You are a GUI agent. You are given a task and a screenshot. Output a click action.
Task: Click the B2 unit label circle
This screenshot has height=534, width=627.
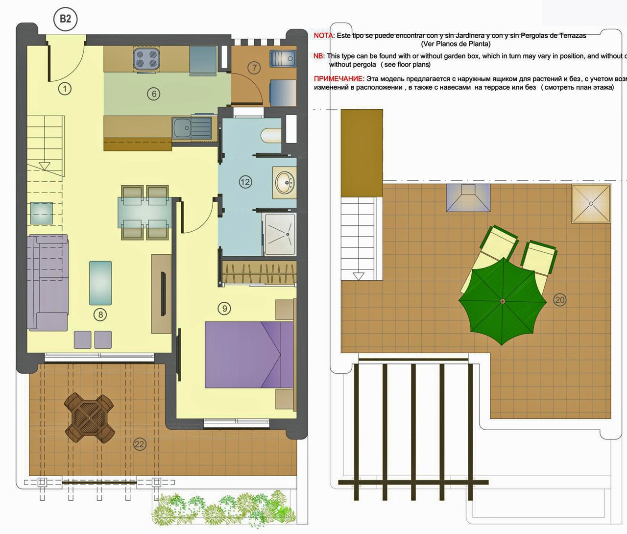click(65, 19)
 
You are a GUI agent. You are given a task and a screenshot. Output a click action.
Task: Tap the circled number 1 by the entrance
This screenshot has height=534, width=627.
click(65, 89)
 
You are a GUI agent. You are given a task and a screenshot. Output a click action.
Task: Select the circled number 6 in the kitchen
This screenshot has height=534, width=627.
click(153, 94)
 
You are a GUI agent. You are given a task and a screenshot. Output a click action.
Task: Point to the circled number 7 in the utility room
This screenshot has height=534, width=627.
click(254, 68)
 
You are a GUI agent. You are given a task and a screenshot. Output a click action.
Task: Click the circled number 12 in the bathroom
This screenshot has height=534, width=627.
click(245, 182)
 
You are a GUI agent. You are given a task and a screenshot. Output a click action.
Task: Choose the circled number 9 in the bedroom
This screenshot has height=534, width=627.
click(224, 308)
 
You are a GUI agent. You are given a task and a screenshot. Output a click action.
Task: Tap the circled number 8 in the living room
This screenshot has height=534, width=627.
click(100, 314)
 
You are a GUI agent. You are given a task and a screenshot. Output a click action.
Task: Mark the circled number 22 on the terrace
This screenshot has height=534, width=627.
click(140, 444)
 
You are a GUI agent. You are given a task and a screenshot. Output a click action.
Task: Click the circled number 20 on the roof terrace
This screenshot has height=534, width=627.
click(559, 300)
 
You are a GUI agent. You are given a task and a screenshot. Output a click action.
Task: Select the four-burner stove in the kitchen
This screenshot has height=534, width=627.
click(146, 59)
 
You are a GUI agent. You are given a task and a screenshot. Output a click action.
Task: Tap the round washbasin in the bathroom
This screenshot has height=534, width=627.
click(285, 182)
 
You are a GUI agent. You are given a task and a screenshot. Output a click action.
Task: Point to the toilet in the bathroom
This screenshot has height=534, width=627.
click(271, 135)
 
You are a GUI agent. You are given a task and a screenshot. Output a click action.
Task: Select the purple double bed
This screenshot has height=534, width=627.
click(249, 354)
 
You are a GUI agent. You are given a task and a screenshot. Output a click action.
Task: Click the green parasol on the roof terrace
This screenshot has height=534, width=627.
click(502, 300)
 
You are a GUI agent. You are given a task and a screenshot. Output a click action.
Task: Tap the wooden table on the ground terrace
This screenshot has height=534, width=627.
click(90, 417)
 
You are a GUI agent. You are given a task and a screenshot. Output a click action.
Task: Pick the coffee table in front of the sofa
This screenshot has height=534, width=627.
click(100, 283)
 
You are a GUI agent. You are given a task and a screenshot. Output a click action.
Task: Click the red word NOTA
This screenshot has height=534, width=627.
click(323, 36)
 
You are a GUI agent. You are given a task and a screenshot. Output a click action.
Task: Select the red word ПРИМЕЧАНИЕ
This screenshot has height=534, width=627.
click(338, 79)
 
